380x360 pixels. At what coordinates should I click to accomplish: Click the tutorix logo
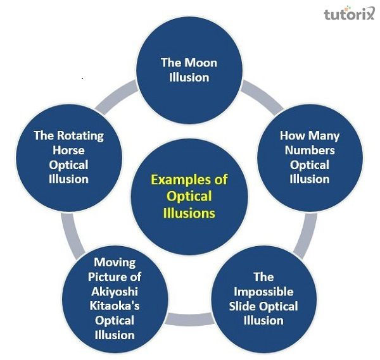tap(349, 13)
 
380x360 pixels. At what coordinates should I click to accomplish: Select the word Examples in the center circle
tap(179, 180)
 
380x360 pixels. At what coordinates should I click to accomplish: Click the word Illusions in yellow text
tap(189, 213)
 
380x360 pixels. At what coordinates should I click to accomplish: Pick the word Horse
tap(68, 151)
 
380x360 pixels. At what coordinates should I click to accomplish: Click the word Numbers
tap(310, 151)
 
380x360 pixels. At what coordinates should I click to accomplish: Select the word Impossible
tap(263, 292)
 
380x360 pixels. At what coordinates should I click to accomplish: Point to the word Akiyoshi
tap(115, 292)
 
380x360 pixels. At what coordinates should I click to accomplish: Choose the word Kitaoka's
tap(115, 306)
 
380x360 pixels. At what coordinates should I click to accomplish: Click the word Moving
tap(115, 262)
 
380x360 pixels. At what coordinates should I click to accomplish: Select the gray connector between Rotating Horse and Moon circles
tap(116, 97)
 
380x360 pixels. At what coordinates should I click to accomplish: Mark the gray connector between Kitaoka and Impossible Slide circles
tap(190, 320)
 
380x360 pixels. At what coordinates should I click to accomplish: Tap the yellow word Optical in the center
tap(189, 197)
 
